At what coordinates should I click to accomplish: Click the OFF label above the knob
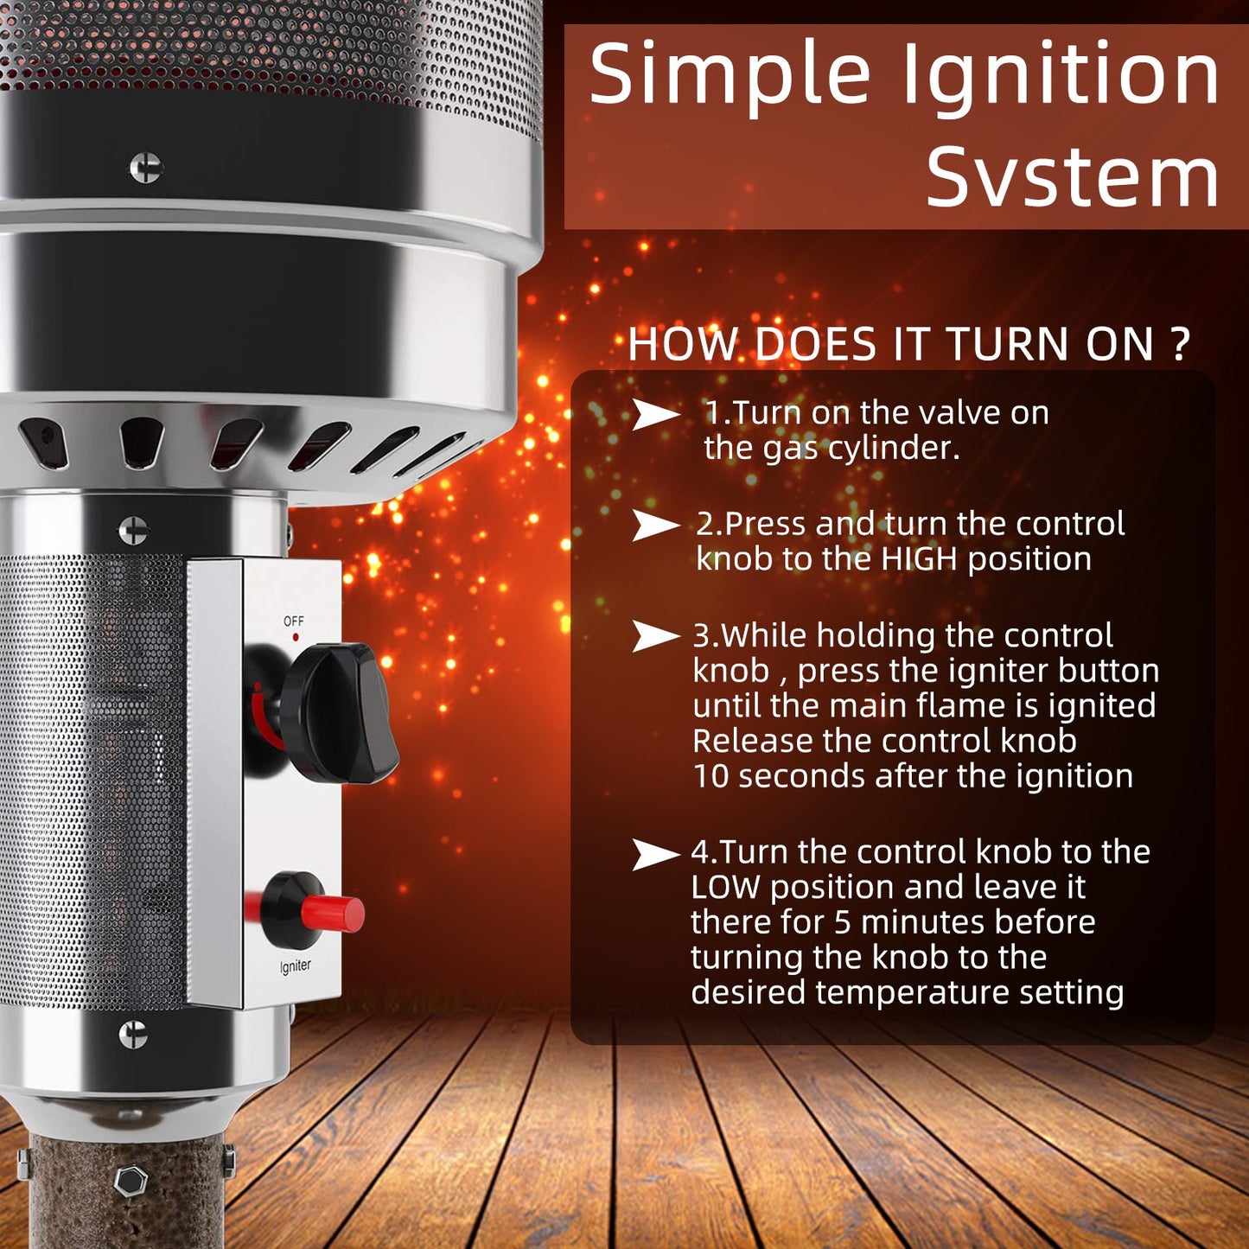[x=294, y=621]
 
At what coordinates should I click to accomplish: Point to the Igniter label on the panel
[x=295, y=965]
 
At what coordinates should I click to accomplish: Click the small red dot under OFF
[x=296, y=638]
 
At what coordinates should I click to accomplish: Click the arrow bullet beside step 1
[x=655, y=414]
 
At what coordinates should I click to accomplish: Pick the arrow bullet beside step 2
[x=655, y=525]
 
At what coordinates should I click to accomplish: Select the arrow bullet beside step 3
[x=655, y=636]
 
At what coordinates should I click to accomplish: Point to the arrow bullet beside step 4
[x=655, y=854]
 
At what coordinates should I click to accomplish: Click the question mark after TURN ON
[x=1181, y=344]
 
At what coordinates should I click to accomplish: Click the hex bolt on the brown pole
[x=130, y=1181]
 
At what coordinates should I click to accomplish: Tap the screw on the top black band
[x=146, y=168]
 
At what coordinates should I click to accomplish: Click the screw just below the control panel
[x=133, y=1035]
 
